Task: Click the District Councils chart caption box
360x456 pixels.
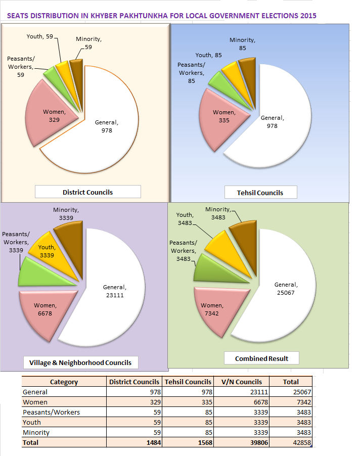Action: pyautogui.click(x=87, y=192)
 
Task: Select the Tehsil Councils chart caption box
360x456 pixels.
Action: pyautogui.click(x=260, y=193)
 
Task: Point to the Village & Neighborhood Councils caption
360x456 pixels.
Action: pyautogui.click(x=80, y=362)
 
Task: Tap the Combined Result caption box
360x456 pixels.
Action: pyautogui.click(x=261, y=358)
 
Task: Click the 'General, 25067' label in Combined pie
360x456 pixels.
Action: pyautogui.click(x=286, y=289)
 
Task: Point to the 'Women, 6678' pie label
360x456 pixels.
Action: pyautogui.click(x=46, y=309)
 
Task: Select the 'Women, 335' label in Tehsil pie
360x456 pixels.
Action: pyautogui.click(x=224, y=116)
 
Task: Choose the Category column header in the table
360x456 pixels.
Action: pyautogui.click(x=64, y=382)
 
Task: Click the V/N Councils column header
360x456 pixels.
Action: pyautogui.click(x=242, y=382)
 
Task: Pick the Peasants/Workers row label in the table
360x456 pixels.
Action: pyautogui.click(x=51, y=412)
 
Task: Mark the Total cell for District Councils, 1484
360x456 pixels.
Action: pyautogui.click(x=152, y=442)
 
